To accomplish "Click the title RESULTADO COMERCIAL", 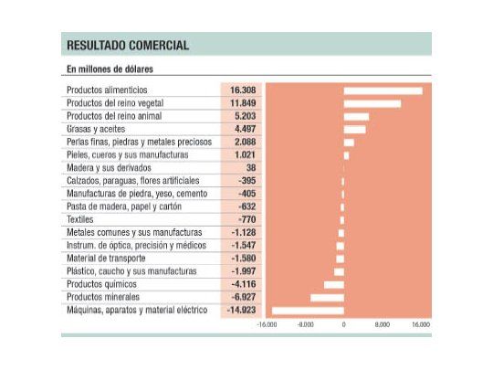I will [128, 45].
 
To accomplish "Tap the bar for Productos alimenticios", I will [383, 90].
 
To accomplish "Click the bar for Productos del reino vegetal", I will [372, 103].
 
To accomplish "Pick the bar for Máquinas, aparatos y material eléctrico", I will [308, 311].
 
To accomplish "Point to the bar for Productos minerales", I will [327, 298].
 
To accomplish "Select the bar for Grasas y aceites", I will [354, 129].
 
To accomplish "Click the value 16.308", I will [242, 90].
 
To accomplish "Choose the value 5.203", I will [245, 116].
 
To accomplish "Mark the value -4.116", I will [243, 285].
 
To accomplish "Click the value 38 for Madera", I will [250, 168].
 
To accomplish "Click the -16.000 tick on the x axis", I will [267, 324].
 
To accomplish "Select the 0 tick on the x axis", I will [343, 324].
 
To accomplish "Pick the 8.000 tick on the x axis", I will [382, 324].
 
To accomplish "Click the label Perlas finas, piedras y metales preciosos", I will [139, 143].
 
